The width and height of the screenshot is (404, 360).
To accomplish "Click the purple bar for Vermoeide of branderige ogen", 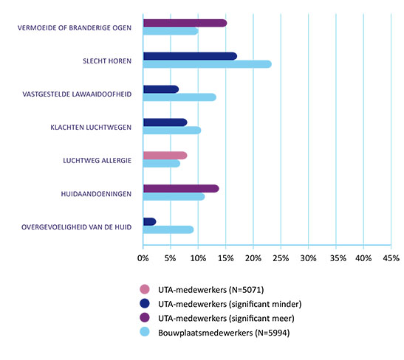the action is pos(185,23).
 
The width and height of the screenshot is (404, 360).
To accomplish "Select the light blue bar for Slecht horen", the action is pos(208,64).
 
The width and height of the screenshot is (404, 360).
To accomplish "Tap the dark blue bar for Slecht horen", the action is pos(190,56).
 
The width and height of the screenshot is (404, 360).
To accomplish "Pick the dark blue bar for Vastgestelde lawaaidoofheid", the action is pos(161,89).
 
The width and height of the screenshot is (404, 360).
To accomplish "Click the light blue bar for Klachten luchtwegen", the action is pos(172,131).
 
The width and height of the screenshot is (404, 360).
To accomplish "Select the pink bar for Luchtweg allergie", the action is pos(165,156).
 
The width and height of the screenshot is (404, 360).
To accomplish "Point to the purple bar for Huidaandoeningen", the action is pos(181,189).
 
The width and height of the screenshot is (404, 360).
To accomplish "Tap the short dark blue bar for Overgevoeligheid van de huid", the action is pos(150,221).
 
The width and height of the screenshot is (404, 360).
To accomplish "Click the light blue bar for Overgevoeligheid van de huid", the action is pos(168,229).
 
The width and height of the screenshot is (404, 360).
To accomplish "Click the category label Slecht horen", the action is pos(107,61).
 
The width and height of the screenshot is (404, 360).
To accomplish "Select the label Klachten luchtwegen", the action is pos(91,128).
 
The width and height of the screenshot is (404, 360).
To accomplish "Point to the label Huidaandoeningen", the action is pos(96,194).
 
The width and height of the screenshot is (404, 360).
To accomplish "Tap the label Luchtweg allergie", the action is pos(97,161).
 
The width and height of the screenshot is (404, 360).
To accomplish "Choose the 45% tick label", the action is pos(391,258).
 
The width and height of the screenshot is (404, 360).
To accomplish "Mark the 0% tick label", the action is pos(143,258).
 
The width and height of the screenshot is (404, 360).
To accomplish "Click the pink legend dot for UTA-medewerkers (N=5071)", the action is pos(145,289).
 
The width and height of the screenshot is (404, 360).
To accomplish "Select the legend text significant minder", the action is pos(265,304).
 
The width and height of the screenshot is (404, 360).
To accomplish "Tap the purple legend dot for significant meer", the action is pos(145,317).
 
